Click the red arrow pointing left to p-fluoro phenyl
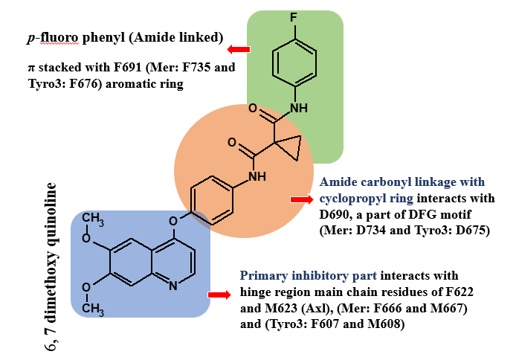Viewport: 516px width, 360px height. (x=239, y=50)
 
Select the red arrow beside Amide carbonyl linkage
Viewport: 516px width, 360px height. (x=301, y=200)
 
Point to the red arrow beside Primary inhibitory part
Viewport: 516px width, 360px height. (x=219, y=295)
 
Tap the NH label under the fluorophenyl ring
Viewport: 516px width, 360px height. (x=297, y=109)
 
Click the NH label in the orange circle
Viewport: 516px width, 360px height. (x=257, y=177)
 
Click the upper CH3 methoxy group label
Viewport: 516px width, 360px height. (x=92, y=218)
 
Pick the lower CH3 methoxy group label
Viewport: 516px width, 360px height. (x=92, y=307)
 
